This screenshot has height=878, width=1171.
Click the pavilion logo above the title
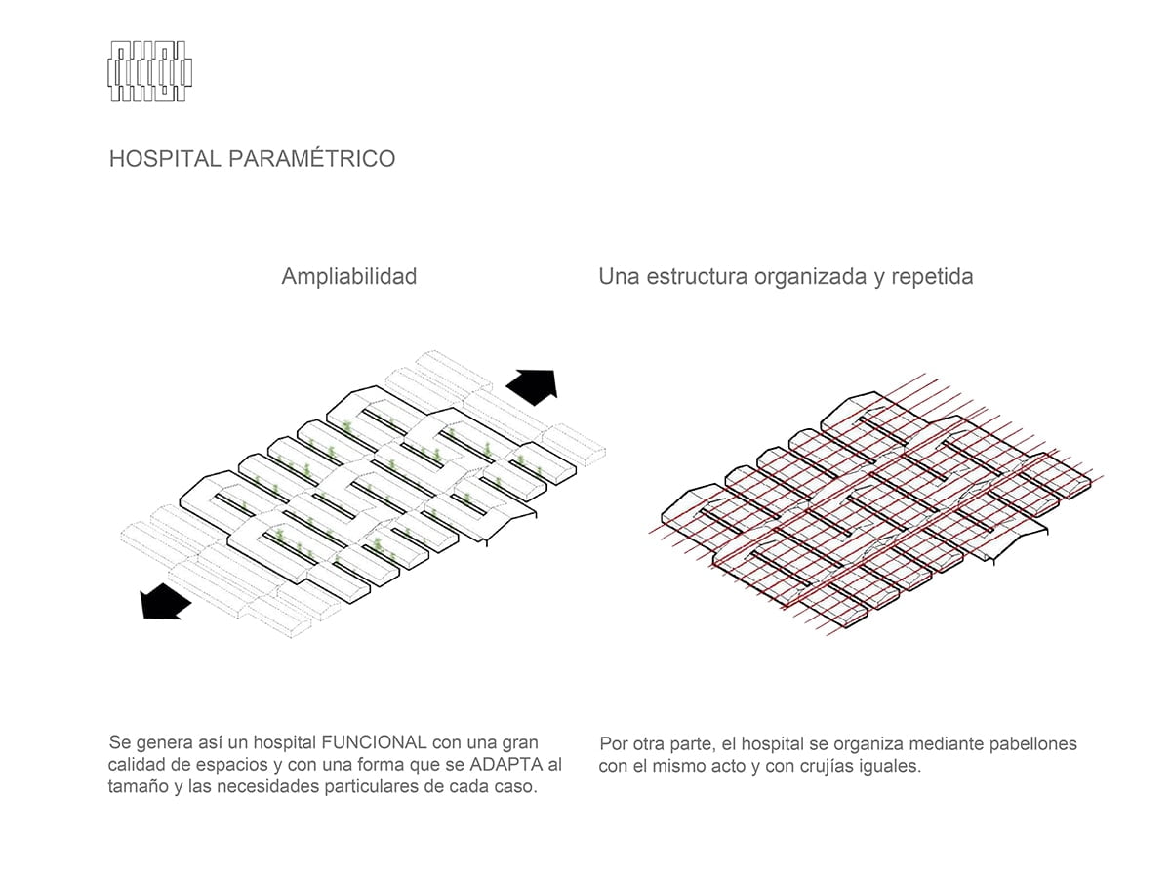pos(150,71)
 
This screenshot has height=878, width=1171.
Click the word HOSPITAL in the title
pos(165,159)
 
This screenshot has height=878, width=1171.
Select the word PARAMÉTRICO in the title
pos(312,158)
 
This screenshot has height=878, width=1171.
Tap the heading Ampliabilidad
pos(349,277)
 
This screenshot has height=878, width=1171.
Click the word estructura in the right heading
pos(698,277)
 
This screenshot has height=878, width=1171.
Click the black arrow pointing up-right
pos(533,386)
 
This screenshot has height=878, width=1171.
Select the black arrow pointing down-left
pos(165,601)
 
